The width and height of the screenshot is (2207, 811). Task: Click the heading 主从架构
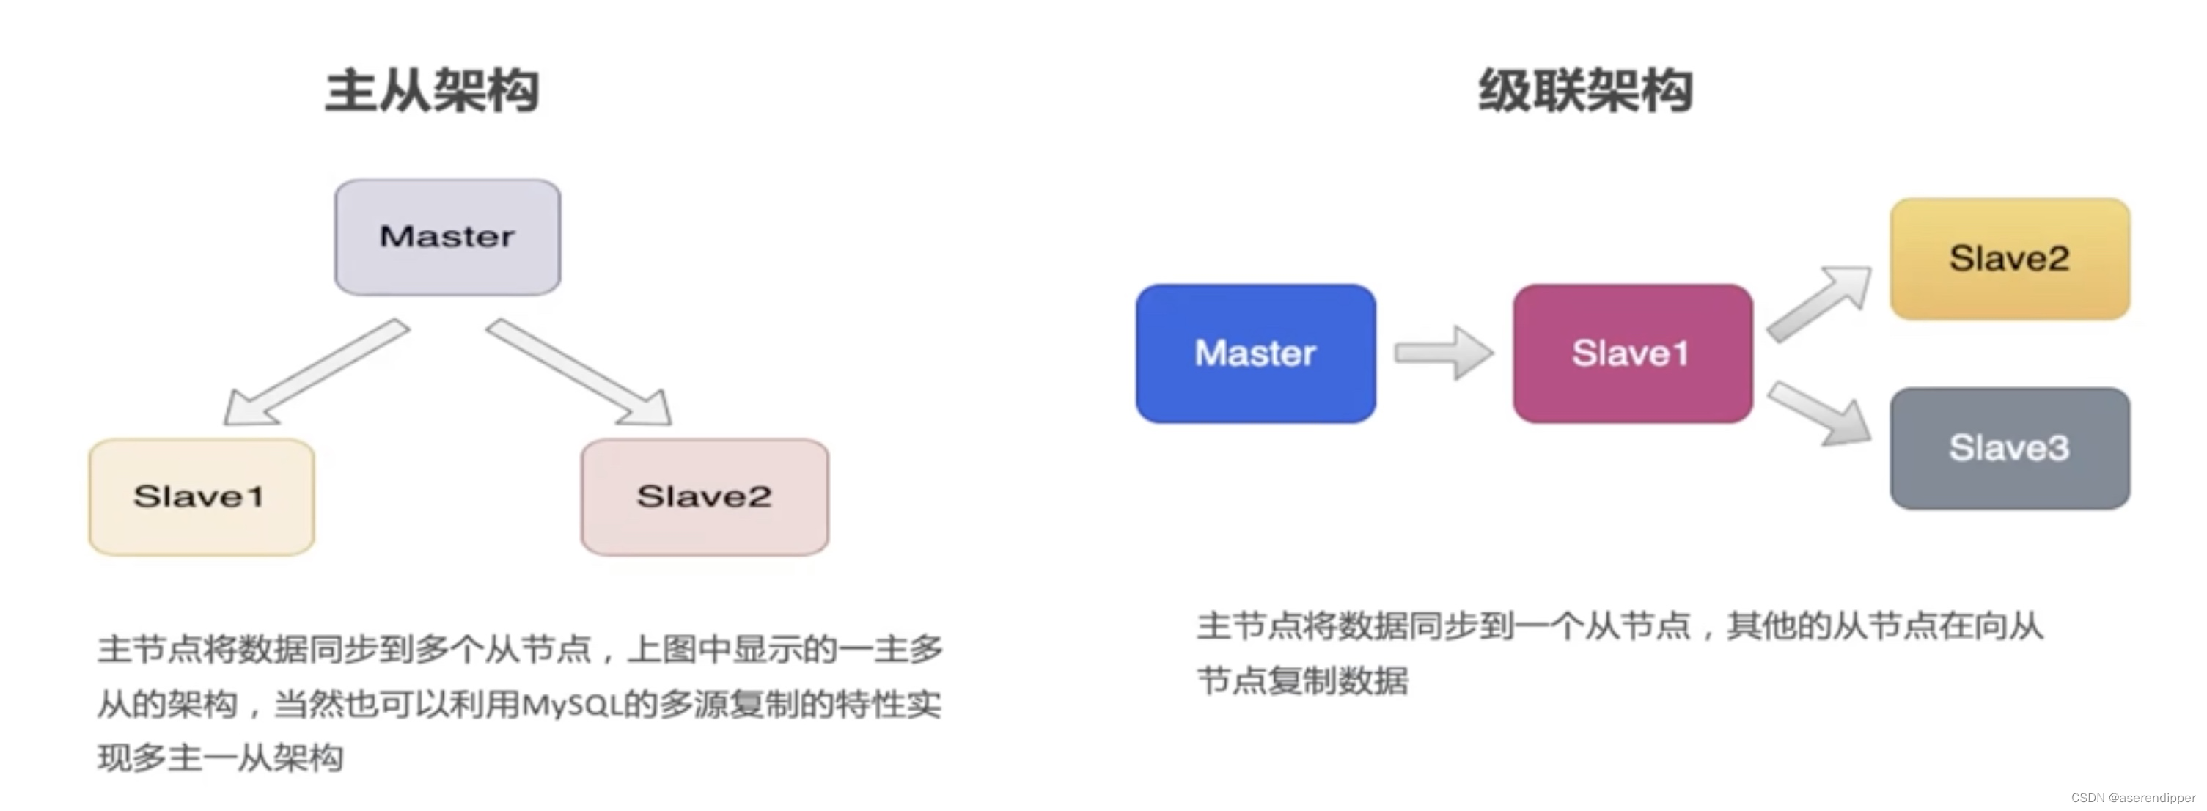point(432,91)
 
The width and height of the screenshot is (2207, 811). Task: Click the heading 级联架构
point(1585,91)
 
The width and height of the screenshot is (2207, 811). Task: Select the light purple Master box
point(447,238)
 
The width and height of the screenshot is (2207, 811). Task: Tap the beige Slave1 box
point(202,496)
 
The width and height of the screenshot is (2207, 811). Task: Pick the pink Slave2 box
point(704,496)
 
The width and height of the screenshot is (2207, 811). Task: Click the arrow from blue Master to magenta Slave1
point(1444,353)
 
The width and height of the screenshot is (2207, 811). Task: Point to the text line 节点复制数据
point(1302,680)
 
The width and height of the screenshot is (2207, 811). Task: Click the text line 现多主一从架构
point(220,758)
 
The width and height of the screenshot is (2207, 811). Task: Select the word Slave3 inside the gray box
point(2009,448)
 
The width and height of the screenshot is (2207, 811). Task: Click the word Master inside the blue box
point(1255,353)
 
